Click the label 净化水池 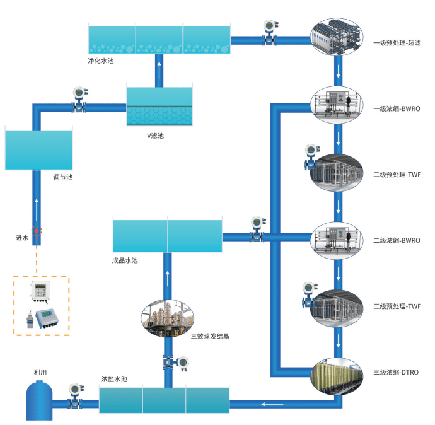click(x=101, y=62)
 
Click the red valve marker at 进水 click(x=37, y=231)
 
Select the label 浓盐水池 click(x=114, y=380)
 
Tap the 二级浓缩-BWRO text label click(x=397, y=240)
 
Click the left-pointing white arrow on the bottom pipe click(x=272, y=404)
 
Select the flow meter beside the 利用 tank click(x=75, y=395)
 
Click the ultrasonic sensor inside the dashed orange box click(x=29, y=316)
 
